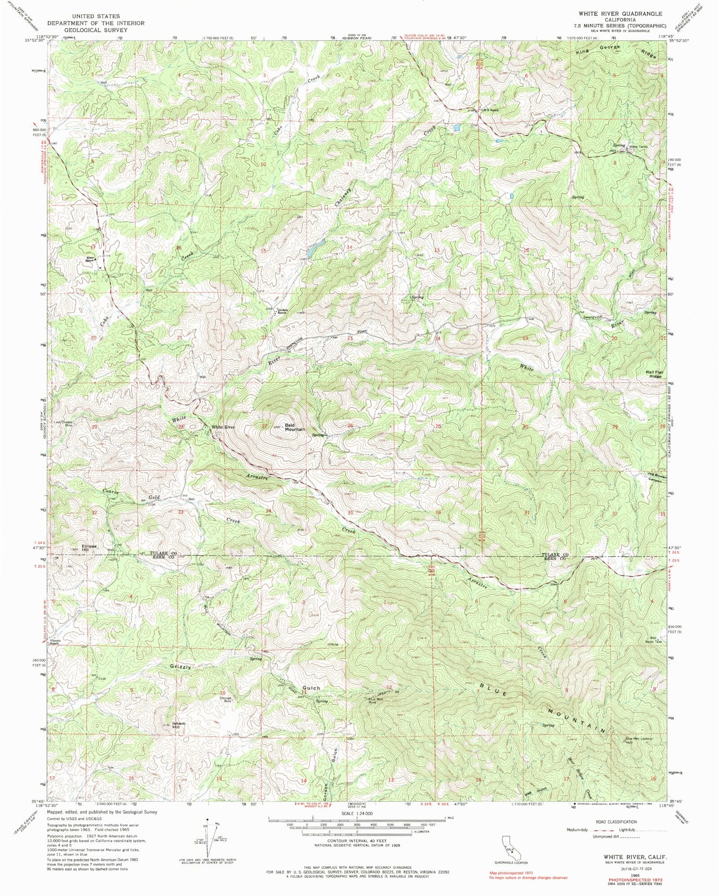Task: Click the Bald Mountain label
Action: (294, 427)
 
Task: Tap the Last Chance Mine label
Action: (63, 424)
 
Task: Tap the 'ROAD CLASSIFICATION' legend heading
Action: (616, 822)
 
